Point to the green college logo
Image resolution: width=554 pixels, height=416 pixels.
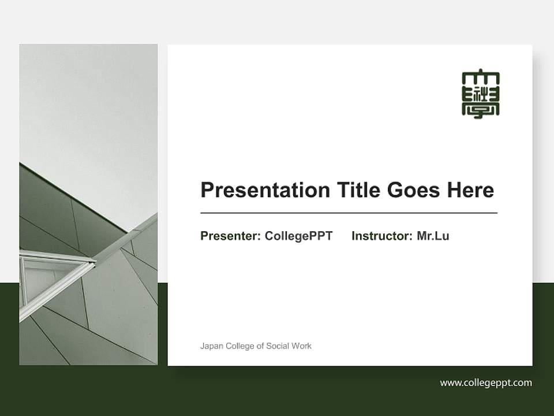pyautogui.click(x=481, y=95)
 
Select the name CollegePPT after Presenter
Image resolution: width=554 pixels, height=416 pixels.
pyautogui.click(x=298, y=236)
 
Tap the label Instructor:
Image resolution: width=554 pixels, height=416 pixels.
pyautogui.click(x=382, y=236)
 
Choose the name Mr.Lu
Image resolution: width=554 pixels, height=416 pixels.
pyautogui.click(x=433, y=236)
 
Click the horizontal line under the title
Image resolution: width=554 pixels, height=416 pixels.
pyautogui.click(x=349, y=213)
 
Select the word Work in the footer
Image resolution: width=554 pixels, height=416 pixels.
pyautogui.click(x=302, y=346)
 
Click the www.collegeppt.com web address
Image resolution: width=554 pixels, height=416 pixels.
pyautogui.click(x=486, y=382)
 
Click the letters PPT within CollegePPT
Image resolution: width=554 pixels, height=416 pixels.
pyautogui.click(x=321, y=236)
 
